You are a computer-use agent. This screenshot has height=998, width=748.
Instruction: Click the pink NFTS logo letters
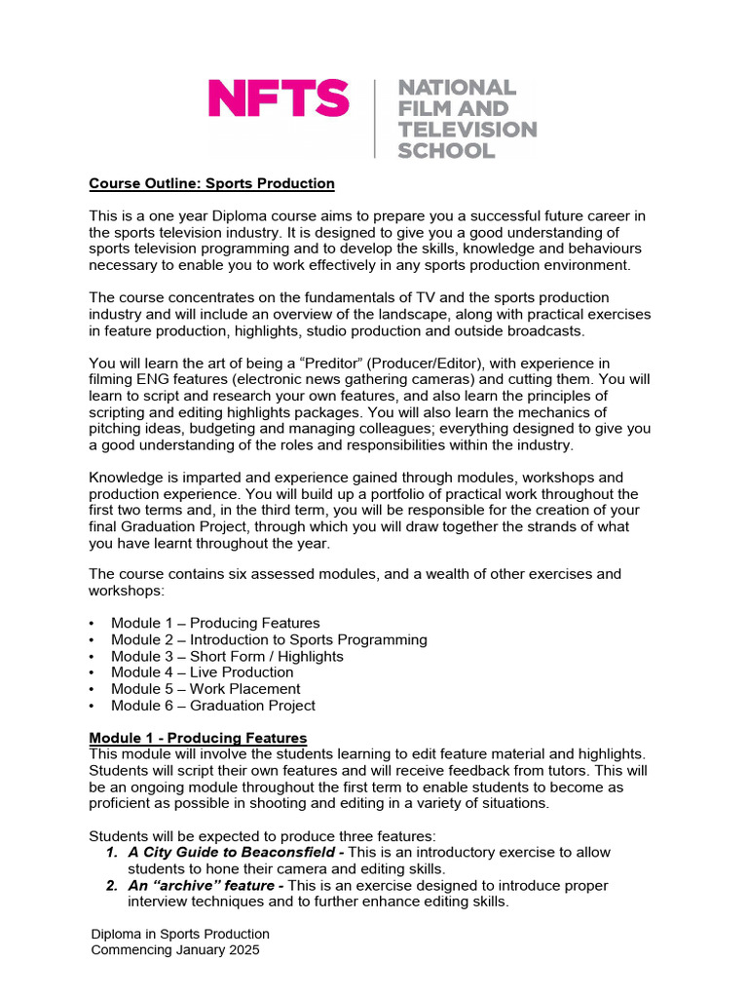tap(278, 99)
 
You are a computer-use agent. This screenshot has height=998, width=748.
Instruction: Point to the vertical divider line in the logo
tap(375, 119)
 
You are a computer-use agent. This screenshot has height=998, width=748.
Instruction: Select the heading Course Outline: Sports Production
tap(211, 183)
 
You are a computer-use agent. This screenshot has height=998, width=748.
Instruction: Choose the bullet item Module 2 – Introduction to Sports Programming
tap(269, 640)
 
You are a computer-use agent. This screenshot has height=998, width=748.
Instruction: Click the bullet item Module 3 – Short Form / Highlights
tap(227, 657)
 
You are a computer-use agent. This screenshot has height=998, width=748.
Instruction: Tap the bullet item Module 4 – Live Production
tap(202, 672)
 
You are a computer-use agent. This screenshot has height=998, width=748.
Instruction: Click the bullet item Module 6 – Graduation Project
tap(212, 706)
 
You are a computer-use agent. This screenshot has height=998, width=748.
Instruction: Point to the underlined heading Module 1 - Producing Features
tap(198, 738)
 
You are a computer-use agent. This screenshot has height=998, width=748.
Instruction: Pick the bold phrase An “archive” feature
tap(202, 885)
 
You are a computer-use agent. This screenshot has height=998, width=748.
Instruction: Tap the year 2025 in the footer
tap(243, 950)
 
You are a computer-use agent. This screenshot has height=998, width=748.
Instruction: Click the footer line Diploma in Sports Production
tap(179, 934)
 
